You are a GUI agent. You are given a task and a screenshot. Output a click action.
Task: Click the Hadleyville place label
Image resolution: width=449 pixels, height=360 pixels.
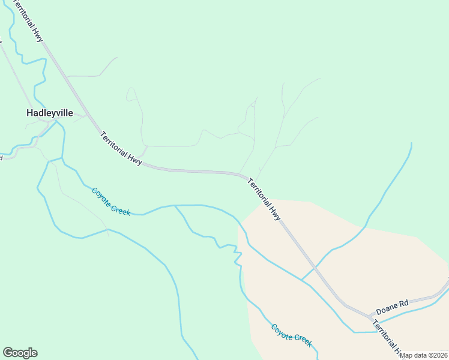tap(49, 112)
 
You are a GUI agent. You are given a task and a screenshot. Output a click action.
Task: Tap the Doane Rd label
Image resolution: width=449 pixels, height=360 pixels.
tap(391, 307)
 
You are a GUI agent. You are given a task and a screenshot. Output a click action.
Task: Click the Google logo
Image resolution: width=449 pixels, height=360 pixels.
tap(20, 353)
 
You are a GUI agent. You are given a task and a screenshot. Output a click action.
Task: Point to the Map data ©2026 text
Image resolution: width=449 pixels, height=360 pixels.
tap(424, 355)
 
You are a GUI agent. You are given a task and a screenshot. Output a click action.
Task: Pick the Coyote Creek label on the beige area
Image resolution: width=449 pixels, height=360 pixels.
tap(291, 335)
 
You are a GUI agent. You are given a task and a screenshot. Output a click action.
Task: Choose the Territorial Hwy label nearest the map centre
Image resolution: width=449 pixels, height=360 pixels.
tap(264, 199)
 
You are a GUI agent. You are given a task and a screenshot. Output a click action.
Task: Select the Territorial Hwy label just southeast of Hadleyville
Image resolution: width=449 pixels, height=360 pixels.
tap(121, 148)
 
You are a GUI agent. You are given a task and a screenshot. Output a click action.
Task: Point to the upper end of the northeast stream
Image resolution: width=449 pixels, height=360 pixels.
tap(411, 143)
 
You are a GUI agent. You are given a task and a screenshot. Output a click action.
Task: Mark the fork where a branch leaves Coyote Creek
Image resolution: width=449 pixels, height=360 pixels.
tap(175, 205)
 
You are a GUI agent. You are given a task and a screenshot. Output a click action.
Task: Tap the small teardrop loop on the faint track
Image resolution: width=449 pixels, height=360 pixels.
tap(130, 94)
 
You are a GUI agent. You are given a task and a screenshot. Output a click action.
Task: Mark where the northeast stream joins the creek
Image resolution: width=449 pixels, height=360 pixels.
tap(301, 280)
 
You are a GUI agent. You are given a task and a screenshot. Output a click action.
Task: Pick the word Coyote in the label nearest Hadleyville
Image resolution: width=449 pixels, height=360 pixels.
tap(101, 196)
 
